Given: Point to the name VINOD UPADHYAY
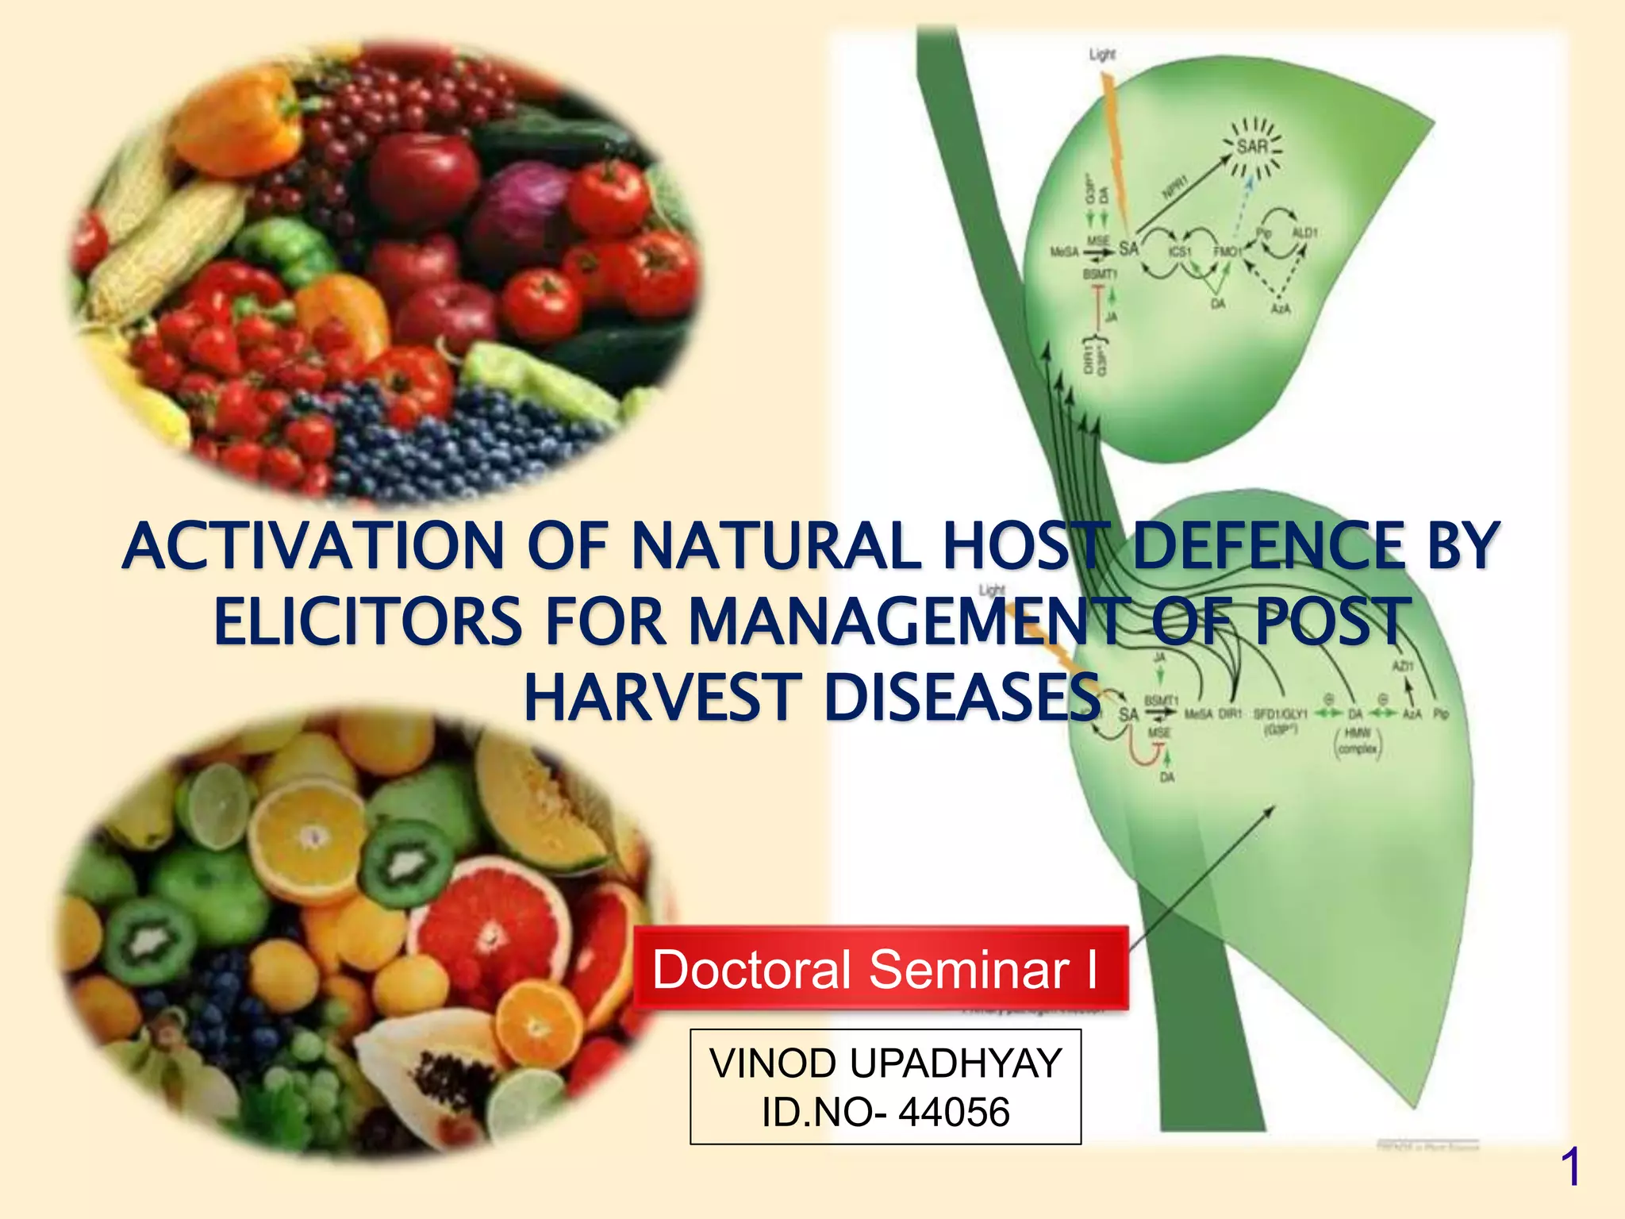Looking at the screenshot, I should click(885, 1063).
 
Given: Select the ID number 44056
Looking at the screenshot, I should click(953, 1112).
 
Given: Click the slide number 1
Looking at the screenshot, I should click(1569, 1167).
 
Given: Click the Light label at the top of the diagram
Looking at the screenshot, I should click(1102, 54).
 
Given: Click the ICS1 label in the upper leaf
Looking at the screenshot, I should click(1179, 252).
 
